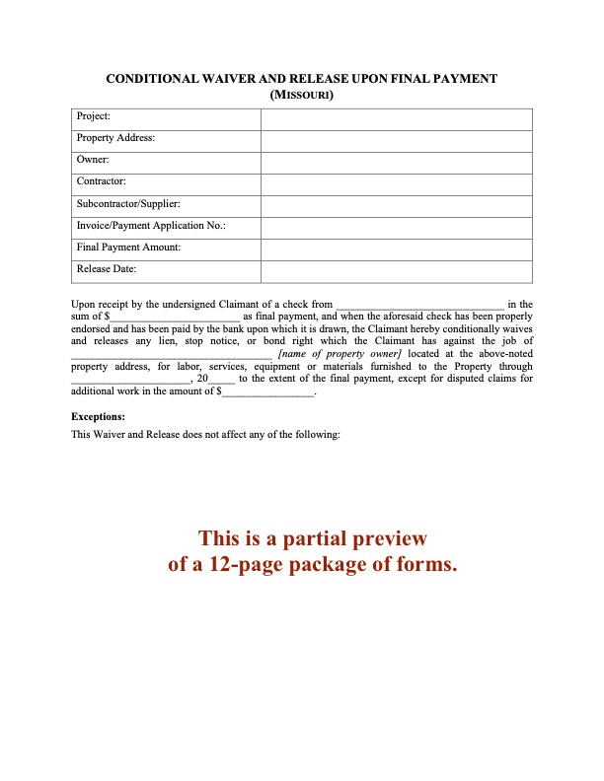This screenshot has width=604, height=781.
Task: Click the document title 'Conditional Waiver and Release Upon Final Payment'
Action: coord(301,78)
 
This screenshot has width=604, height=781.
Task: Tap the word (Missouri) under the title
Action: coord(301,96)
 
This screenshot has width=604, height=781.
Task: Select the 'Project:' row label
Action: coord(94,117)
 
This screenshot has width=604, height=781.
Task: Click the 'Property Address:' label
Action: coord(115,139)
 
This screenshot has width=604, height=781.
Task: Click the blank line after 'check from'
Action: coord(420,306)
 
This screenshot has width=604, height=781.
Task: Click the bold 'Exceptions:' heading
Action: coord(99,417)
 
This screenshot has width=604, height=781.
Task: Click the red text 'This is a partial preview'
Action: coord(313,538)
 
